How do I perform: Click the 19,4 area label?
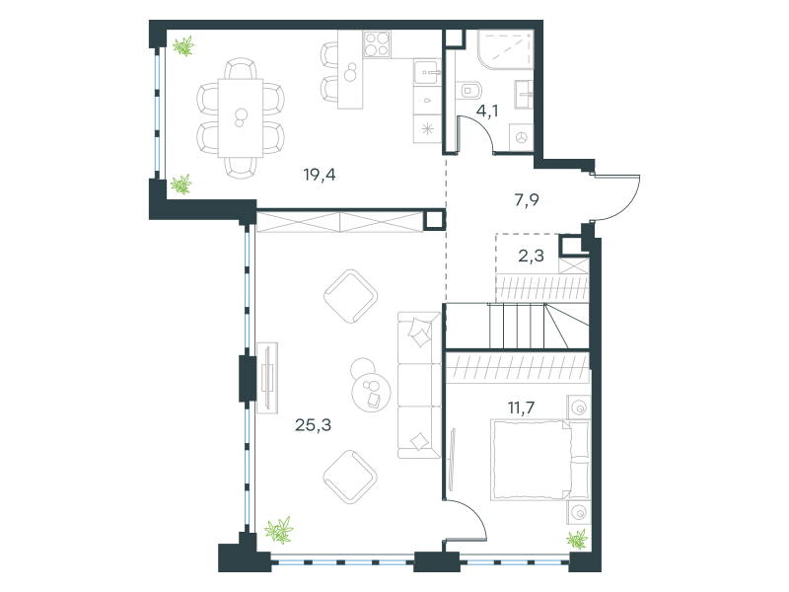click(x=320, y=176)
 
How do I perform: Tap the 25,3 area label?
click(x=313, y=425)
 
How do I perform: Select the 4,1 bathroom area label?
click(x=487, y=111)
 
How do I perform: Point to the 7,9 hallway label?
click(x=527, y=200)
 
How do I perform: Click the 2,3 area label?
click(x=532, y=257)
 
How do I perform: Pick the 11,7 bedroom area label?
click(x=522, y=407)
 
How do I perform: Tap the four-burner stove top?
click(x=378, y=43)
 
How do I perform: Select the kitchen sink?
click(x=427, y=73)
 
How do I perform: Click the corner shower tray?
click(x=505, y=48)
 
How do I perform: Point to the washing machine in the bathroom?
click(x=522, y=137)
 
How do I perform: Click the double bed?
click(x=539, y=460)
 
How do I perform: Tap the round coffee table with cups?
click(x=372, y=392)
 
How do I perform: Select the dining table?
click(x=241, y=117)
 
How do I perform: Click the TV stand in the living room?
click(x=267, y=378)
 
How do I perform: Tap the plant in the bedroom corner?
click(x=577, y=539)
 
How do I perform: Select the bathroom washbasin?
click(x=524, y=94)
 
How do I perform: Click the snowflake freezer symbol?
click(x=427, y=129)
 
